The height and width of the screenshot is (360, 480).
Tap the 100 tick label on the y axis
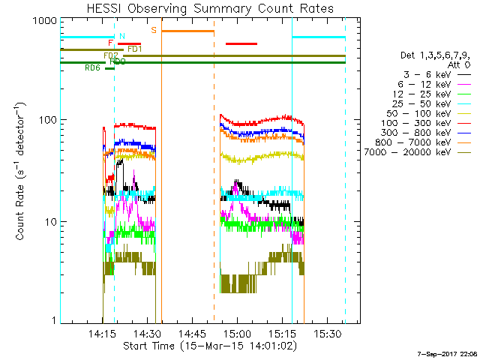[47, 120]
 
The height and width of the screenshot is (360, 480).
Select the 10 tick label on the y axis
[49, 222]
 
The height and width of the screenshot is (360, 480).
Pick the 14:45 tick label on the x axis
[192, 333]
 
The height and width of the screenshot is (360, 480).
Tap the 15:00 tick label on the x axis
[238, 333]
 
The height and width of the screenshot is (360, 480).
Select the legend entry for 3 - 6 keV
[436, 75]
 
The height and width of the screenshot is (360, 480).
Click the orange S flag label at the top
[154, 30]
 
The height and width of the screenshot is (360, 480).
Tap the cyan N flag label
[122, 35]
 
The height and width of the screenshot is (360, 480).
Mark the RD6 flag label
[92, 68]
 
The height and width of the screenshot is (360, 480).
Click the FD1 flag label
[135, 49]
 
